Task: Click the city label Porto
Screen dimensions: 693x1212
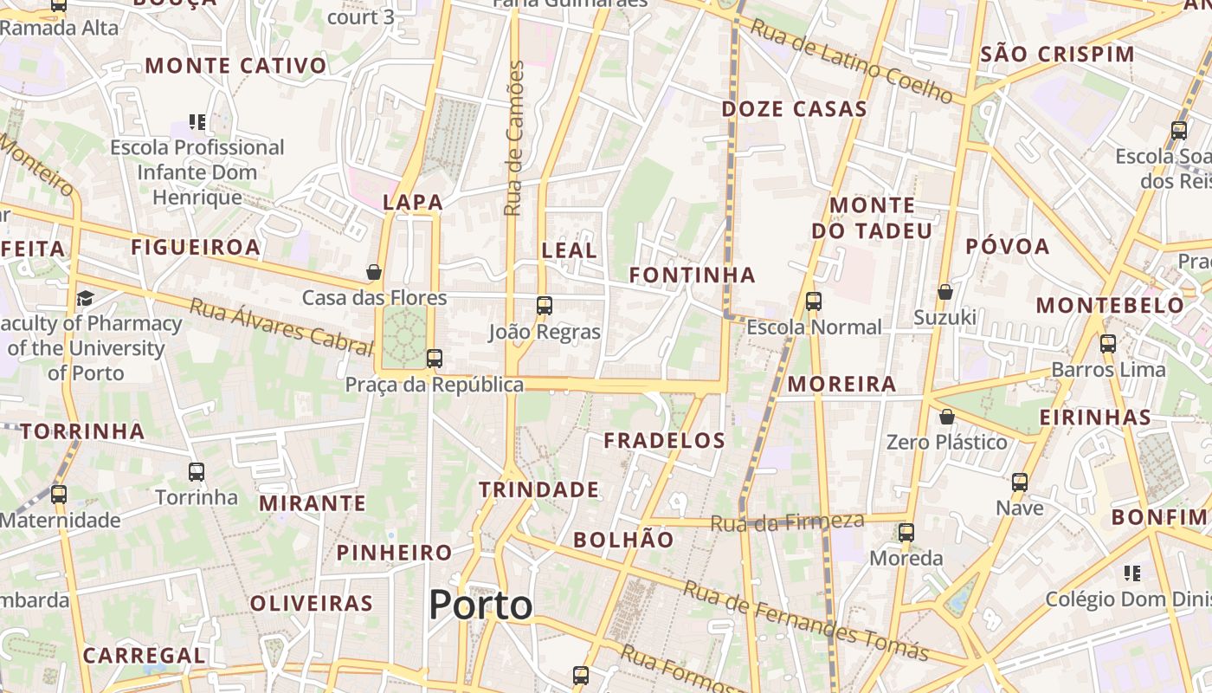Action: click(480, 605)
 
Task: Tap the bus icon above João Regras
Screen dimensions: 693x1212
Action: click(545, 305)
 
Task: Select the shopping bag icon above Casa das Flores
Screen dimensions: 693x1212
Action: click(374, 272)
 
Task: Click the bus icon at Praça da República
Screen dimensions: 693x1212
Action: click(435, 358)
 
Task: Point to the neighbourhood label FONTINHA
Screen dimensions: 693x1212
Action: click(692, 275)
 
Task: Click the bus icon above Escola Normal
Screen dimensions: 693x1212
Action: click(814, 301)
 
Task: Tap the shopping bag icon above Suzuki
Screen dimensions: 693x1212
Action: click(945, 292)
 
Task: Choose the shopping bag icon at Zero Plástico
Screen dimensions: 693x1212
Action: click(947, 417)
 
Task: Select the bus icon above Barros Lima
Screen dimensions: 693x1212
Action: click(1108, 343)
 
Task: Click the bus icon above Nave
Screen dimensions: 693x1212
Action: click(1020, 482)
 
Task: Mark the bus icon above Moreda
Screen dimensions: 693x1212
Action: click(906, 532)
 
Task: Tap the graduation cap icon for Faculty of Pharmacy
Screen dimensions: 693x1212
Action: click(85, 299)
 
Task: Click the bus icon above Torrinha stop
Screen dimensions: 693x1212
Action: click(197, 472)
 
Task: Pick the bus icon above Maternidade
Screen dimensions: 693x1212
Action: click(59, 495)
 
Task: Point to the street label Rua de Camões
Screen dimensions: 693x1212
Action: click(514, 139)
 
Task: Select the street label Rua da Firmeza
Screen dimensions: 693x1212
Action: click(787, 521)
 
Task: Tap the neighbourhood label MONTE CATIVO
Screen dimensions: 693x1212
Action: click(236, 66)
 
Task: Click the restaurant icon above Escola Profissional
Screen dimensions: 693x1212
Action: click(197, 122)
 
